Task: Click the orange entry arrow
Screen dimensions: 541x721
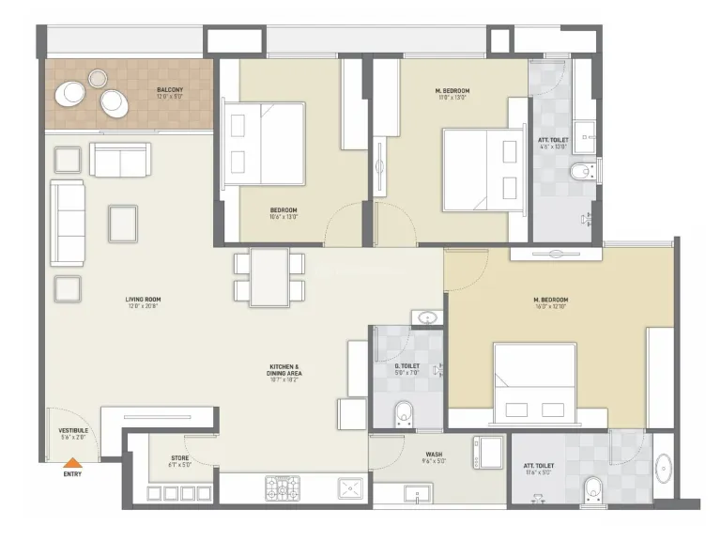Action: [x=71, y=461]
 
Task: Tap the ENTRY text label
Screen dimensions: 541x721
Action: [x=71, y=474]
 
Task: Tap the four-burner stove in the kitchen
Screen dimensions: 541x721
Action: [x=282, y=487]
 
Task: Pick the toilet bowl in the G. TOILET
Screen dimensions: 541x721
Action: [x=404, y=410]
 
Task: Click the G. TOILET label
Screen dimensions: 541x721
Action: [x=406, y=369]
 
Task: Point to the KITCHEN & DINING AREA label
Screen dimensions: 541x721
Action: [x=284, y=370]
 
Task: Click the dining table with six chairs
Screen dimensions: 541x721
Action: [x=269, y=276]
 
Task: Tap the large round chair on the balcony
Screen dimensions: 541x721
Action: [x=72, y=93]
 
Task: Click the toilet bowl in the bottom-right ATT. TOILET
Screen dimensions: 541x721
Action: [x=592, y=487]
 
